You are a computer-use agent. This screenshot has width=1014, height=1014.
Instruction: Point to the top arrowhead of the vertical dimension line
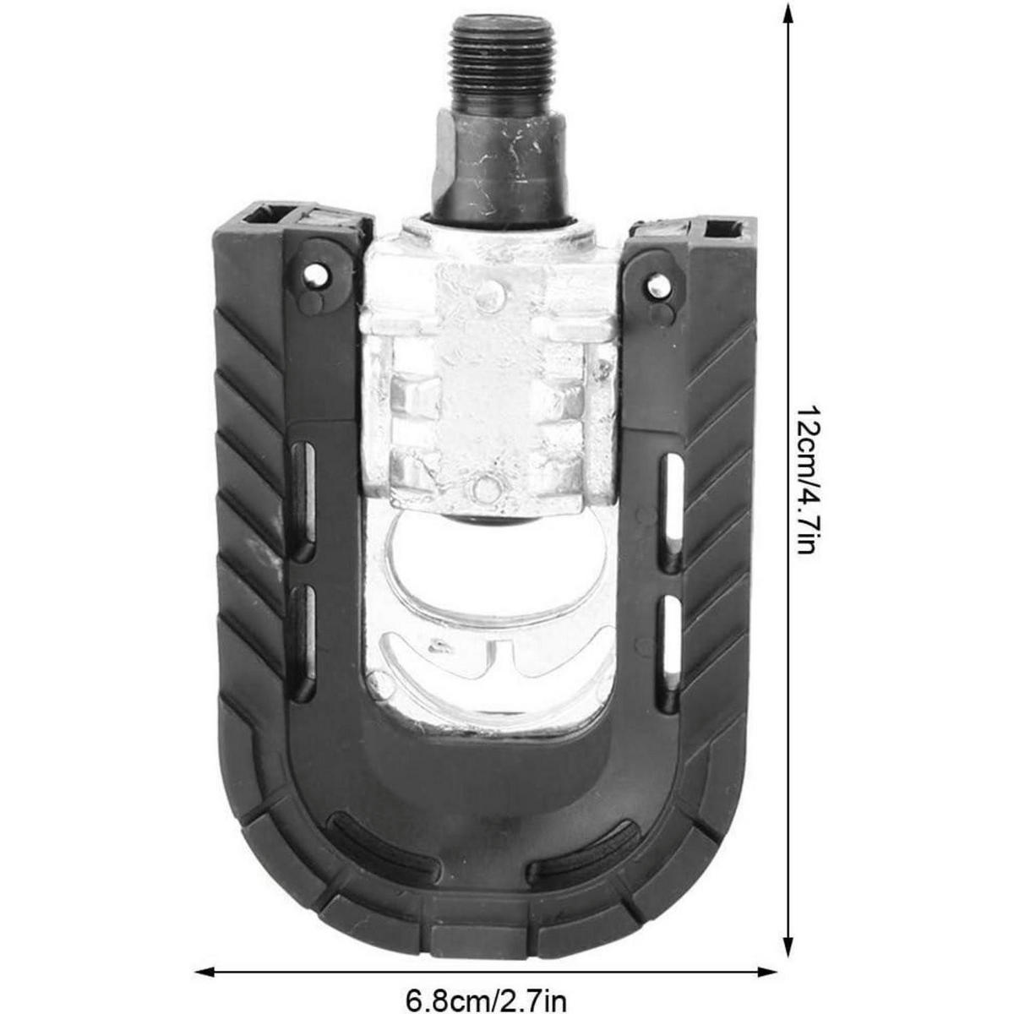point(788,12)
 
